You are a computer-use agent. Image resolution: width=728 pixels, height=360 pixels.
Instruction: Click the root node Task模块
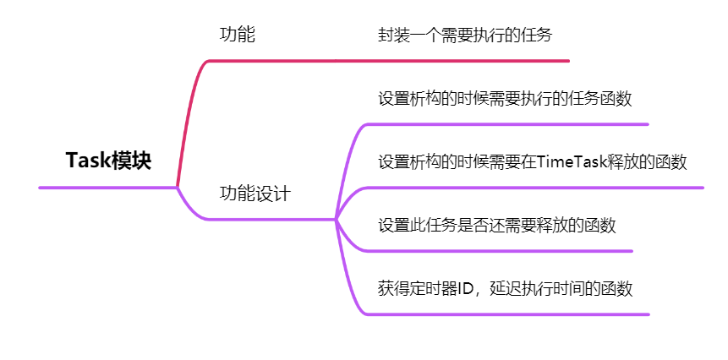(x=108, y=161)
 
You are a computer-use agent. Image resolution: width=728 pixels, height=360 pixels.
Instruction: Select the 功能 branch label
(x=238, y=35)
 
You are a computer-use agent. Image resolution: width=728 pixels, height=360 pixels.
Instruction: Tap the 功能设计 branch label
(x=255, y=193)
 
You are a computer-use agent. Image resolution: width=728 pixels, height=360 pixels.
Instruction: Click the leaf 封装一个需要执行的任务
(x=465, y=35)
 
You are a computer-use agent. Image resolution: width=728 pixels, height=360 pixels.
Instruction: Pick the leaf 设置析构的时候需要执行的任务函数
(x=505, y=98)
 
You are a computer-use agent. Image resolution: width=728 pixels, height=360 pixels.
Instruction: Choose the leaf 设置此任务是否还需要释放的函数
(x=496, y=225)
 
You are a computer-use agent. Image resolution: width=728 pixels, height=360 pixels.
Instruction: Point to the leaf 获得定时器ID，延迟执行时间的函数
(x=505, y=288)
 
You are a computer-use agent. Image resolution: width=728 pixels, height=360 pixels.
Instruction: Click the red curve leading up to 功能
(x=189, y=110)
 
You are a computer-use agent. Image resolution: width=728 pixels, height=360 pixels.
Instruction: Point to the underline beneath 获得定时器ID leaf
(x=507, y=314)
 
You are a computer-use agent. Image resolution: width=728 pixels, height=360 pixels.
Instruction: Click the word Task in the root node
(x=87, y=161)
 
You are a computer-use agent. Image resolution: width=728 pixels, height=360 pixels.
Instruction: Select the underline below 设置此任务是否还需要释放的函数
(x=499, y=251)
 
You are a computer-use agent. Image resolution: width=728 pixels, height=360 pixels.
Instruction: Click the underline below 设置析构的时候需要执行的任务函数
(x=507, y=124)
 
